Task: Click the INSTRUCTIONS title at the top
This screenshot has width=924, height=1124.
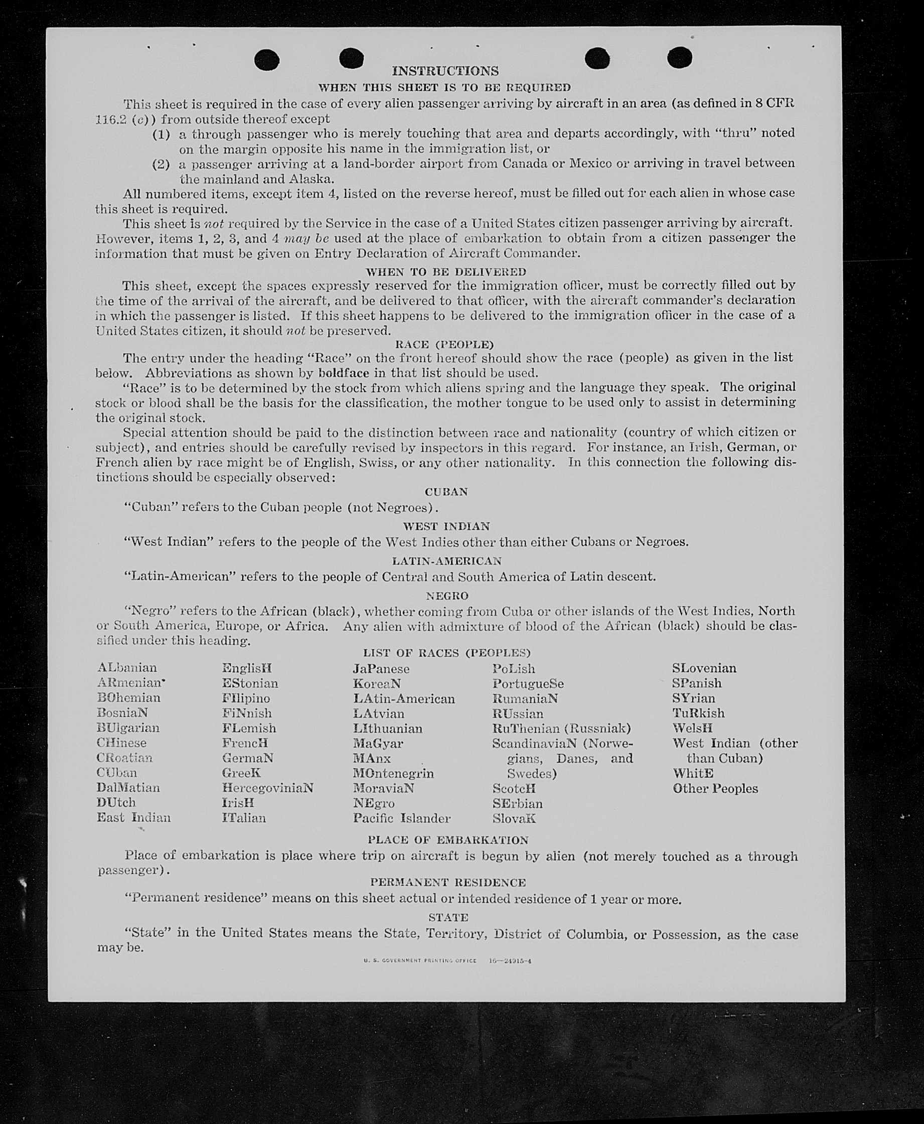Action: (x=445, y=71)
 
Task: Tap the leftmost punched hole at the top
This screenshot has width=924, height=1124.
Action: (x=267, y=60)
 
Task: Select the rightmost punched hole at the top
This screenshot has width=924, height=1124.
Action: (x=680, y=58)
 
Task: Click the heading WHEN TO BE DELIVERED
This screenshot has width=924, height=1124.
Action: (x=445, y=272)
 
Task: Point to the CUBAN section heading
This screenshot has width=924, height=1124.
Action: (x=446, y=491)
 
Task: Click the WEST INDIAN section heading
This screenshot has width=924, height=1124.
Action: (x=446, y=526)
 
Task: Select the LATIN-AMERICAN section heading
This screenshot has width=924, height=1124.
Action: (x=446, y=560)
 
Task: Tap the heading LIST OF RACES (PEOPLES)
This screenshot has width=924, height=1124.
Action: (x=446, y=653)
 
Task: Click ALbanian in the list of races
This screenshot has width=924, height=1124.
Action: (x=127, y=668)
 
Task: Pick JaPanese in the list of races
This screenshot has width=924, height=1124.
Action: (x=381, y=669)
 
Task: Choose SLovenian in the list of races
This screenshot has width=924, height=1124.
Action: (x=704, y=668)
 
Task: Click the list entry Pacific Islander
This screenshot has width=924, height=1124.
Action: (x=401, y=818)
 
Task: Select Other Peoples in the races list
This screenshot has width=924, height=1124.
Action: (x=715, y=789)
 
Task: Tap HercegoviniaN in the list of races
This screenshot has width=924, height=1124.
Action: (x=268, y=787)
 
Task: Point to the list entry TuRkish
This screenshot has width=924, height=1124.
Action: (x=698, y=713)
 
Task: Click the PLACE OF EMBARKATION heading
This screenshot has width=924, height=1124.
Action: (x=447, y=839)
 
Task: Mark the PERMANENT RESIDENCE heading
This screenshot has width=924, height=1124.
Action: (x=447, y=882)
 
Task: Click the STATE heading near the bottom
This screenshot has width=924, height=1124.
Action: (x=448, y=917)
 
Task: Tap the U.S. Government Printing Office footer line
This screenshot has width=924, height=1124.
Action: (x=447, y=960)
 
